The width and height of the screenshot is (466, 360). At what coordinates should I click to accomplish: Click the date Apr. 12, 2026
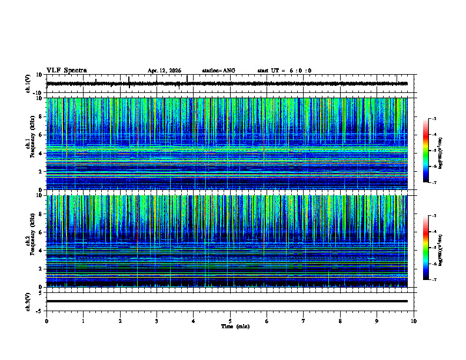[x=164, y=71]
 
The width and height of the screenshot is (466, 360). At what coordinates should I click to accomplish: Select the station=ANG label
[x=218, y=71]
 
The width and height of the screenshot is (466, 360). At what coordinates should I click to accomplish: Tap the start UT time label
[x=284, y=71]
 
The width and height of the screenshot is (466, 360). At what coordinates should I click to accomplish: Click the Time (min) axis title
[x=235, y=326]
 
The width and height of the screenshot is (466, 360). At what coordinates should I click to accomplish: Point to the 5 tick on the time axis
[x=230, y=321]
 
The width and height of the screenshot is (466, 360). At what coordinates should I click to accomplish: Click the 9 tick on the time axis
[x=377, y=321]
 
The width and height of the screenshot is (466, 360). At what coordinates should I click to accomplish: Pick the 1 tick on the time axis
[x=83, y=321]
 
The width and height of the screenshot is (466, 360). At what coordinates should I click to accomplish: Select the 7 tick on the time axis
[x=304, y=321]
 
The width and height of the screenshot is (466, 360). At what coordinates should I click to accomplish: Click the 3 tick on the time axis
[x=157, y=321]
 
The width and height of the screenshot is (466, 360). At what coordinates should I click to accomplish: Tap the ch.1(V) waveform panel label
[x=27, y=84]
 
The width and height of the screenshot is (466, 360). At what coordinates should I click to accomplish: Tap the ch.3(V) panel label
[x=27, y=301]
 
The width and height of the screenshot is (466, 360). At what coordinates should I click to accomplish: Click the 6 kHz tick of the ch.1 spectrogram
[x=39, y=135]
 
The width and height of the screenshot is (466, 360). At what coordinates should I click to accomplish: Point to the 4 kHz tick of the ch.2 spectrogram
[x=39, y=250]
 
